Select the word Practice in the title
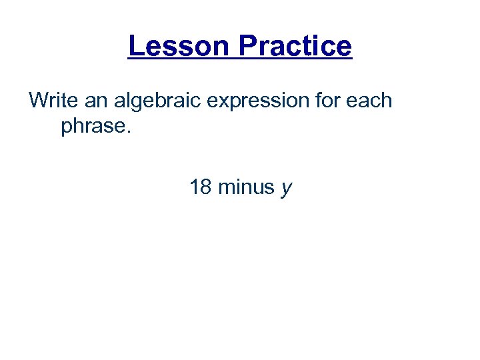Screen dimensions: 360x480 pyautogui.click(x=295, y=46)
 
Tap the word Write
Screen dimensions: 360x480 pyautogui.click(x=52, y=101)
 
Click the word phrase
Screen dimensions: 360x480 pyautogui.click(x=94, y=127)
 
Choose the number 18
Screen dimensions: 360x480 pyautogui.click(x=201, y=187)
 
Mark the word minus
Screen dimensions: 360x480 pyautogui.click(x=247, y=187)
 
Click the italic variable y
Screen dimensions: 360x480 pyautogui.click(x=287, y=189)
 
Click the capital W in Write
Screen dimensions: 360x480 pyautogui.click(x=39, y=101)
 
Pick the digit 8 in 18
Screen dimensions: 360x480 pyautogui.click(x=206, y=187)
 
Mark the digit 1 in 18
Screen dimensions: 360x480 pyautogui.click(x=195, y=187)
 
